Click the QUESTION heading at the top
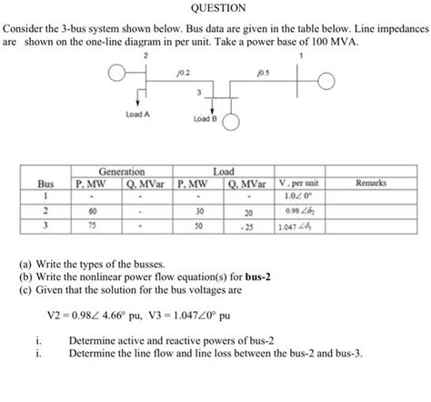click(216, 8)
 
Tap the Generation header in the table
click(120, 171)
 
